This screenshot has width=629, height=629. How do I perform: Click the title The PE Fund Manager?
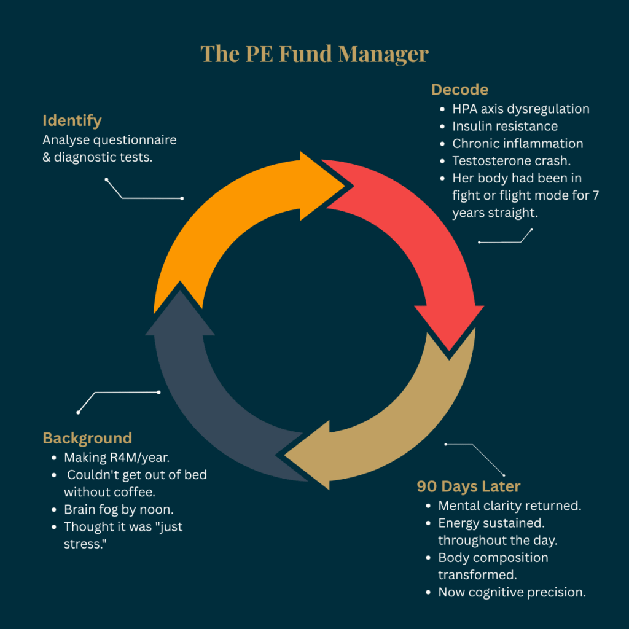(314, 54)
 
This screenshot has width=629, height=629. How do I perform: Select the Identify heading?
(72, 120)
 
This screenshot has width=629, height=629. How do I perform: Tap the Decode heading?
(459, 90)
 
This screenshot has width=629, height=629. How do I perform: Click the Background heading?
(87, 438)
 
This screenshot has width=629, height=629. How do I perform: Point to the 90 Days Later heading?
(469, 486)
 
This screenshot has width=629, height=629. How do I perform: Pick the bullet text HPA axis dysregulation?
(521, 109)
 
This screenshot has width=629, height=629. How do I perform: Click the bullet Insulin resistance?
(505, 127)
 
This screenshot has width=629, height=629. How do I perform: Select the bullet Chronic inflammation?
(518, 144)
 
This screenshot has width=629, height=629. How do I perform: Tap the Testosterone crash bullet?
(511, 161)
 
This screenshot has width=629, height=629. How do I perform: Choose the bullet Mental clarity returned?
(510, 506)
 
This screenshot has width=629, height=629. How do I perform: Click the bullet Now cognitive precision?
(511, 593)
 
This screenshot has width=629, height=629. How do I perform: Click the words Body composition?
(493, 558)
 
